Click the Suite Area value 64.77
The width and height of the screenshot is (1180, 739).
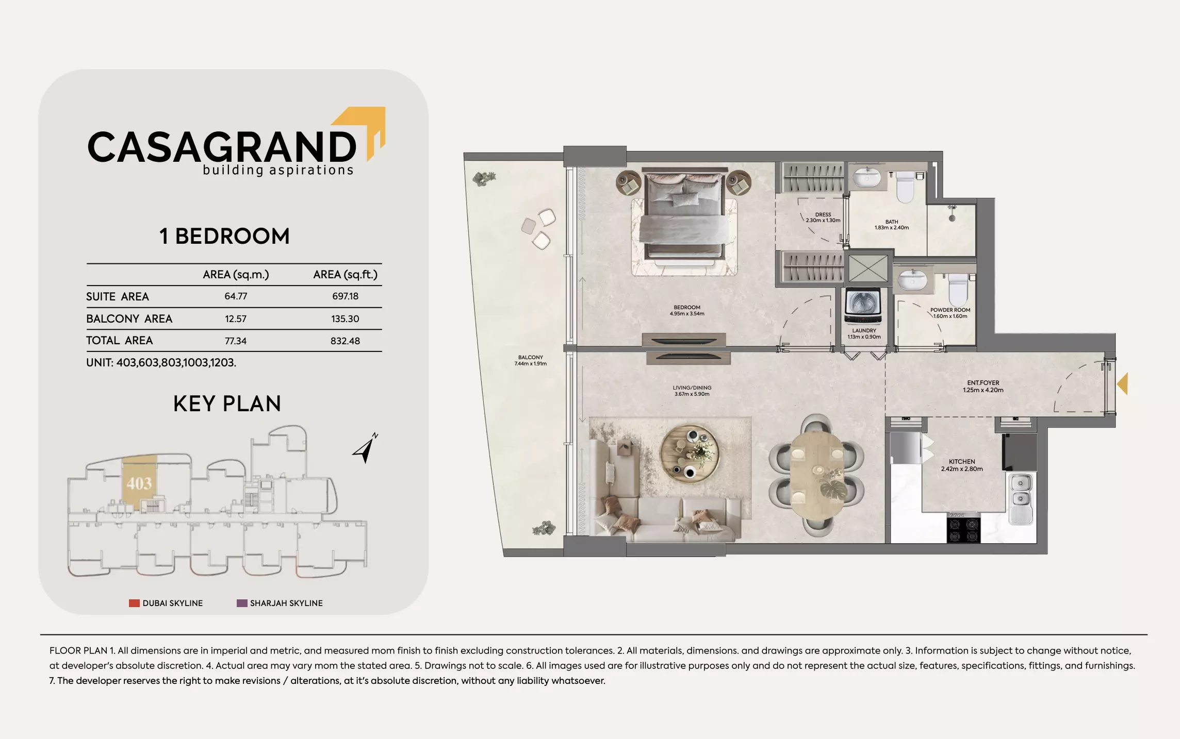click(x=236, y=296)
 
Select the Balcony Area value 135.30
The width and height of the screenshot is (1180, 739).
click(x=345, y=319)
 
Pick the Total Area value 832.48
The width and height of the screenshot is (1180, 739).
click(x=345, y=341)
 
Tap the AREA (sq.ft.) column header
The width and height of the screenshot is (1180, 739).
click(x=345, y=275)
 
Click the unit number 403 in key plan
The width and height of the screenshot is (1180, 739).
click(x=139, y=483)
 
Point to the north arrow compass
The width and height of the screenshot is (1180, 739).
click(x=366, y=448)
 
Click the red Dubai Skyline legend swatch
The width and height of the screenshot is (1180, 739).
click(x=134, y=603)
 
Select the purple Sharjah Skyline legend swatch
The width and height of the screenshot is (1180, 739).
click(x=242, y=603)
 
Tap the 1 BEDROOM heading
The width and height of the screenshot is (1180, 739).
click(x=224, y=237)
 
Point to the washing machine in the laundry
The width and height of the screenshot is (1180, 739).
click(x=863, y=306)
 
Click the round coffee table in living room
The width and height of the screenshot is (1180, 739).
click(x=689, y=454)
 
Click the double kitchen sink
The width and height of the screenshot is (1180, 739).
click(x=1020, y=491)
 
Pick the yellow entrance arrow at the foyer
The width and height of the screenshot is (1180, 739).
click(x=1122, y=384)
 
